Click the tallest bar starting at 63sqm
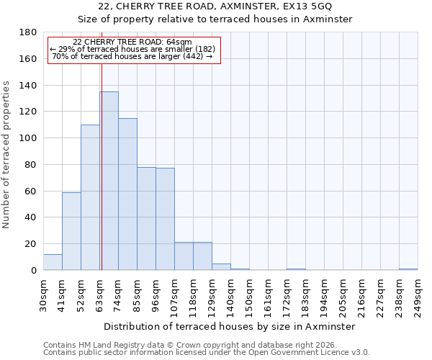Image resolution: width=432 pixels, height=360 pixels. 109,181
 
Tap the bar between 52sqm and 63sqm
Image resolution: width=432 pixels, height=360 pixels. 90,197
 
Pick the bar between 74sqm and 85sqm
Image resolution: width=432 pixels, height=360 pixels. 127,194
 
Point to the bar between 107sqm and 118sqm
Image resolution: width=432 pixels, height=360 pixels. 184,256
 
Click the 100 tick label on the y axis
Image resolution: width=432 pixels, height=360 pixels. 30,138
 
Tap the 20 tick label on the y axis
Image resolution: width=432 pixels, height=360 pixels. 32,244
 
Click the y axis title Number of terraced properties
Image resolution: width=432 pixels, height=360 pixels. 7,155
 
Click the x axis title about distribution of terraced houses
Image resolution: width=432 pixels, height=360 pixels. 230,326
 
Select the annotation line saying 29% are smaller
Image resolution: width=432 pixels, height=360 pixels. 133,49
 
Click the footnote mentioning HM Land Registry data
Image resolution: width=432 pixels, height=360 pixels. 202,345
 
